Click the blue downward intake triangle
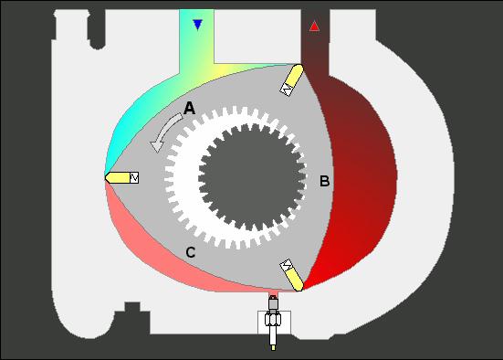(x=197, y=25)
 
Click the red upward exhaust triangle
(x=314, y=26)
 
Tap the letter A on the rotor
(x=189, y=108)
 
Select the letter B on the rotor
(x=325, y=181)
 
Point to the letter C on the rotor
(x=191, y=252)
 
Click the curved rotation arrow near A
(x=165, y=132)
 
